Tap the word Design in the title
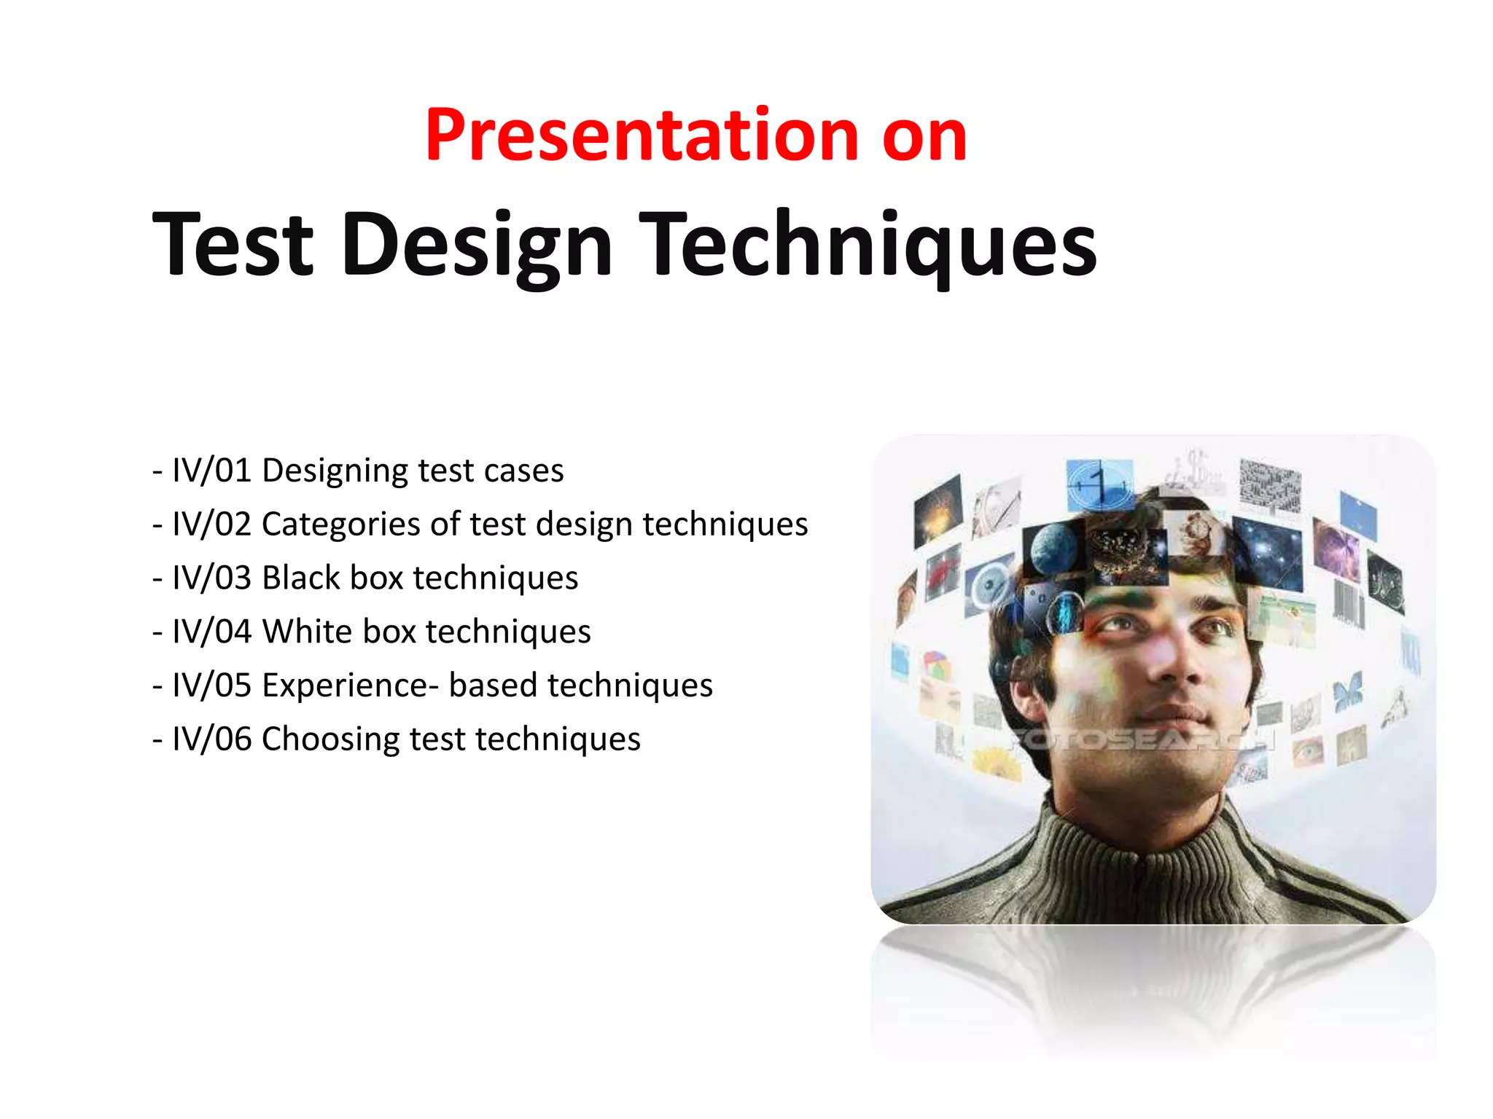tap(477, 245)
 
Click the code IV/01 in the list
tap(211, 471)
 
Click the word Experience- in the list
tap(350, 686)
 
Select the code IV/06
tap(211, 739)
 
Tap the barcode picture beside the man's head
tap(1348, 602)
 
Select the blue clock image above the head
tap(1099, 484)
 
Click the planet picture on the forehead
tap(1053, 550)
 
